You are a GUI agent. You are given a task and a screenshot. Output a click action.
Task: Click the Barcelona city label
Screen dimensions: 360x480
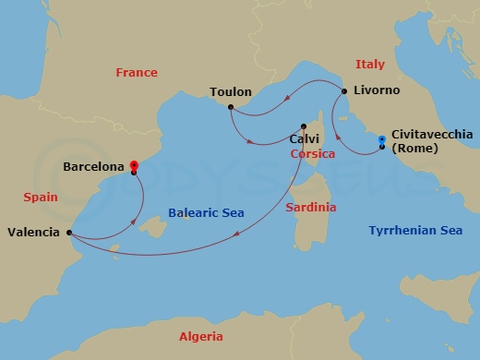tap(94, 168)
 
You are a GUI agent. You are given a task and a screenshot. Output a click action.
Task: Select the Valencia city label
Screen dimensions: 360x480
tap(35, 233)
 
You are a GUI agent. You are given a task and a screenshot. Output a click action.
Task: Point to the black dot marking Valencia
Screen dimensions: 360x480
tap(70, 233)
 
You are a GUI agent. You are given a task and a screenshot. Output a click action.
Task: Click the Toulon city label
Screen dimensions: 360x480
tap(230, 93)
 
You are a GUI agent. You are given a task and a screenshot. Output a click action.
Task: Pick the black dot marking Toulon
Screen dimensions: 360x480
tap(230, 108)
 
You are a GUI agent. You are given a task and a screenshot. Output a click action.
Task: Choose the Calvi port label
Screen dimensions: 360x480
tap(304, 139)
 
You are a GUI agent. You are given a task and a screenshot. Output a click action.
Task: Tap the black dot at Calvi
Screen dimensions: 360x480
tap(304, 126)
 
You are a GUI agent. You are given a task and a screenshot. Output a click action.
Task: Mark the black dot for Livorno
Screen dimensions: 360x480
tap(344, 91)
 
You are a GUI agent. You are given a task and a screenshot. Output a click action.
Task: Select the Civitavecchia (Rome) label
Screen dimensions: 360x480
tap(432, 140)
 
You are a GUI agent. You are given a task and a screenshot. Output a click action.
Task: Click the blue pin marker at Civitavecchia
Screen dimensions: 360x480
tap(381, 141)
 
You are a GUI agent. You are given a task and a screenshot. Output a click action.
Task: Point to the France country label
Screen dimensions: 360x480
tap(136, 72)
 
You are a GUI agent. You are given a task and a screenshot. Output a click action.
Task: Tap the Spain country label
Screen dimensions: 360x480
tap(40, 197)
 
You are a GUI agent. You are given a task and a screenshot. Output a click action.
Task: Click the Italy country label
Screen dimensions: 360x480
tap(369, 64)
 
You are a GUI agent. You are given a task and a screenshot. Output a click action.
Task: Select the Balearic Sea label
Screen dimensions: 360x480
tap(206, 213)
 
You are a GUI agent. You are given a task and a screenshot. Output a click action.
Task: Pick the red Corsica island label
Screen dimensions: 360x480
tap(312, 154)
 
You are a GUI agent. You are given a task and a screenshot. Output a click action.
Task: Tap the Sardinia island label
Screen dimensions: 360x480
tap(310, 207)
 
